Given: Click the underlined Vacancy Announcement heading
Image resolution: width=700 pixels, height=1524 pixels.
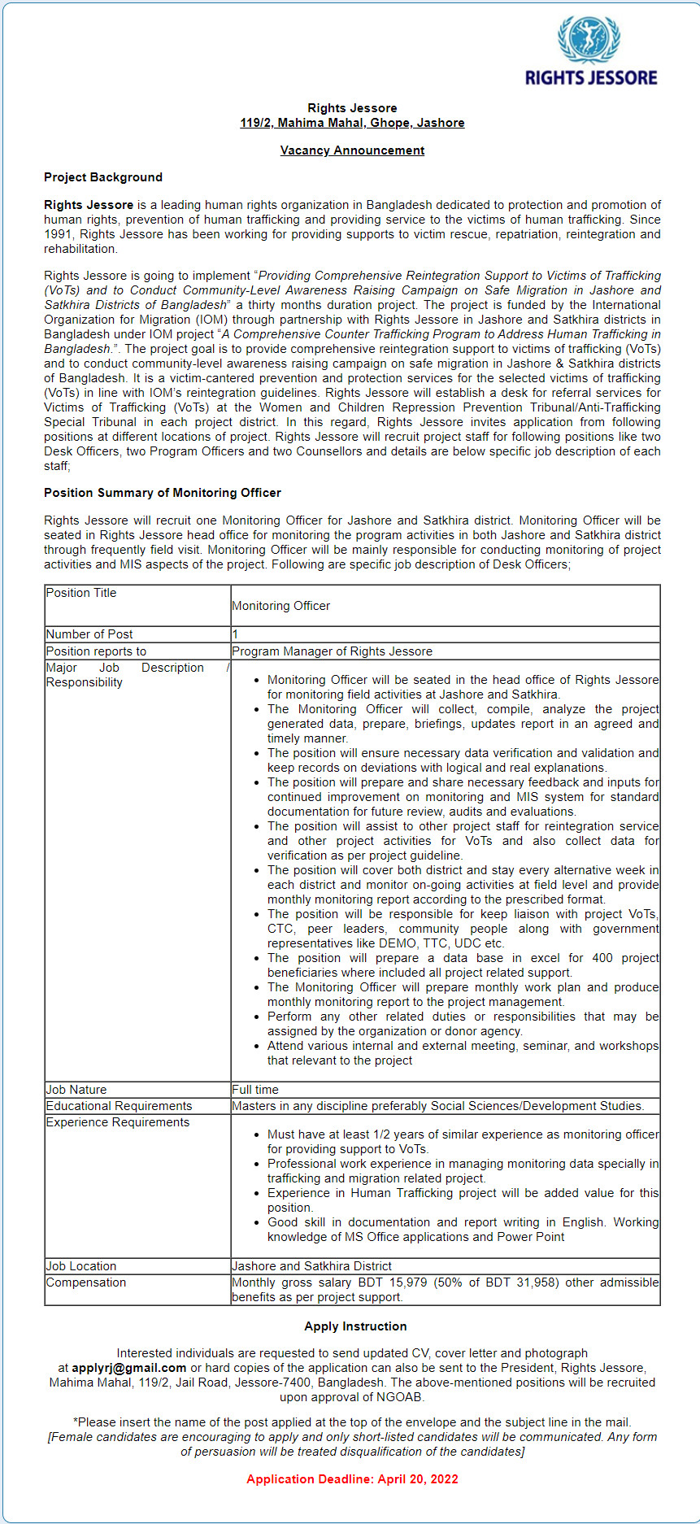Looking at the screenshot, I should click(352, 150).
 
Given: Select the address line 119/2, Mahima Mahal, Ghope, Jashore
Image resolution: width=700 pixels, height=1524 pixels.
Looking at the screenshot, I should click(352, 123).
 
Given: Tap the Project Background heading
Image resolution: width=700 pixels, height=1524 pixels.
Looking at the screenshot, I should click(103, 177).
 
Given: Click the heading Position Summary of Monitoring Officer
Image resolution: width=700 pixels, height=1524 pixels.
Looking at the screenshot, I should click(163, 493).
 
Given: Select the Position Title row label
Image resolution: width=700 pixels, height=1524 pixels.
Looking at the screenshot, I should click(81, 593).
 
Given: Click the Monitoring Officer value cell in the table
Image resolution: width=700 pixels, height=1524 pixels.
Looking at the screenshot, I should click(281, 606).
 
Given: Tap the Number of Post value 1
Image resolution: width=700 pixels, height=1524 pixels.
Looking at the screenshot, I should click(235, 634).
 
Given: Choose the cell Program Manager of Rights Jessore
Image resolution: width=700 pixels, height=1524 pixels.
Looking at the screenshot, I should click(332, 651).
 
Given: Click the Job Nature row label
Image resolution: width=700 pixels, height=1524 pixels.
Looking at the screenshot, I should click(76, 1090).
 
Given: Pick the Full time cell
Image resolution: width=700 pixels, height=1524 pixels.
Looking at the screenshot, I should click(255, 1090).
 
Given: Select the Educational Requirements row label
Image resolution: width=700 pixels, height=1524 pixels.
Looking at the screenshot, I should click(119, 1106).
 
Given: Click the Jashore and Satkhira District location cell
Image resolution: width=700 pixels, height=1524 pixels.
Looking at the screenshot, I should click(311, 1266).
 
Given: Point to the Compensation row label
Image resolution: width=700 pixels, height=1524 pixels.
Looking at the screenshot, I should click(86, 1282).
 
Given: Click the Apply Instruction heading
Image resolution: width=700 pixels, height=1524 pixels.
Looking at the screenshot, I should click(355, 1326).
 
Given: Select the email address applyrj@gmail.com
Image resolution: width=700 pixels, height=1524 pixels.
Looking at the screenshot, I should click(129, 1368).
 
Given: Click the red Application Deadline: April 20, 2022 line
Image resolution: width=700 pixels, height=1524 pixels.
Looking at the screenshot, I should click(352, 1479).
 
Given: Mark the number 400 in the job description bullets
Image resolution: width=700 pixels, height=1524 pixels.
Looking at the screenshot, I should click(602, 958).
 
